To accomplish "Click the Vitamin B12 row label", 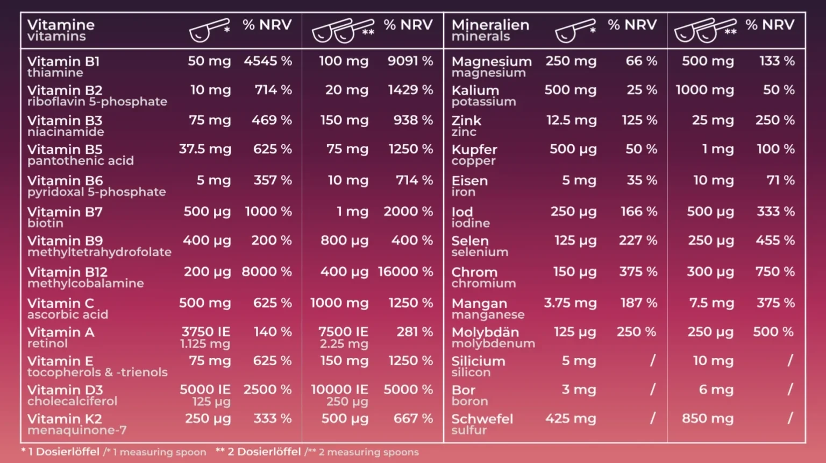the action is coord(67,272).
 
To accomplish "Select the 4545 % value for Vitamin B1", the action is coord(268,61).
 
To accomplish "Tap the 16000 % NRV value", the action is coord(405,272).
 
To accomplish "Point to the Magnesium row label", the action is coord(492,61).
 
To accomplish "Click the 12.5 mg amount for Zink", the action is coord(571,121).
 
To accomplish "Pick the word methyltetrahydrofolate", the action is coord(99,252).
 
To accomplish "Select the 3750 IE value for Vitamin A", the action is coord(206,332).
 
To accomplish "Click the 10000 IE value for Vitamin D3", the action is coord(339,390).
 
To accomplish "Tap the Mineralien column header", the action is coord(490,25).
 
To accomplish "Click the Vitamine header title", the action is coord(61,25).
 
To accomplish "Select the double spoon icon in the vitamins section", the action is coord(343,30).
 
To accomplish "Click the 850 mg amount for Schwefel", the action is coord(708,419).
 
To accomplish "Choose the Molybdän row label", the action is coord(485,332).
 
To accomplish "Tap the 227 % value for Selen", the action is coord(638,240).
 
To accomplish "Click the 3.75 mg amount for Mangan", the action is coord(570,303).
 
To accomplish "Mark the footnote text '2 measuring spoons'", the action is coord(369,452).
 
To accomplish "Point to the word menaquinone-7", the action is coord(77,430).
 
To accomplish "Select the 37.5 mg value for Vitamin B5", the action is coord(205,149).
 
